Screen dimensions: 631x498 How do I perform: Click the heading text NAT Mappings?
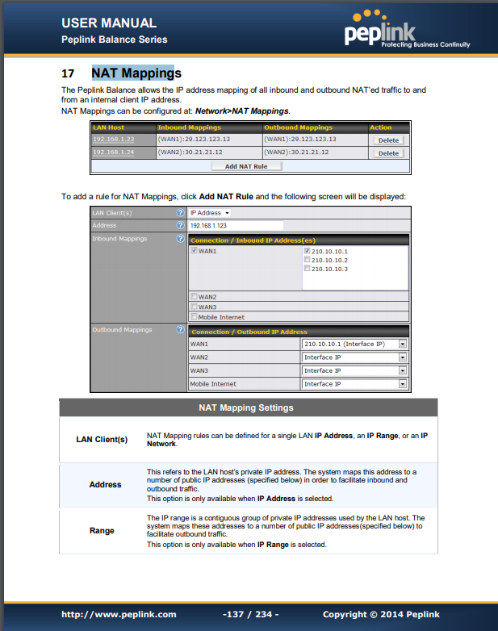[136, 73]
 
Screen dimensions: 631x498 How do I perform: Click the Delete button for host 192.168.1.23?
[388, 140]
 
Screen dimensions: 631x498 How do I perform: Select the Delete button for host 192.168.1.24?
[388, 153]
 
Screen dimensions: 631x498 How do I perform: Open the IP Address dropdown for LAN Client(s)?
[210, 213]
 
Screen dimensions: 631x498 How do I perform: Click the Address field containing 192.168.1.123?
[235, 226]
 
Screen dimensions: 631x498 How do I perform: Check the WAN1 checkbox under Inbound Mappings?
[194, 251]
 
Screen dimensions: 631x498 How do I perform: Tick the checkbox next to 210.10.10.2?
[307, 260]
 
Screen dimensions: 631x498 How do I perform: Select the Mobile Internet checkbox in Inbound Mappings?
[194, 317]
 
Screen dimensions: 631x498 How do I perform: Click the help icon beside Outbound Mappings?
[179, 330]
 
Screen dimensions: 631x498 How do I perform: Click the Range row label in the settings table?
[102, 531]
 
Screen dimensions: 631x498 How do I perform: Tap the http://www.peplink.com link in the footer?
[119, 615]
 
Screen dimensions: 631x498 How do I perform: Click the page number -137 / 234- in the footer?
[250, 615]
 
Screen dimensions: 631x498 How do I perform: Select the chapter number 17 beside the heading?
[69, 74]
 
